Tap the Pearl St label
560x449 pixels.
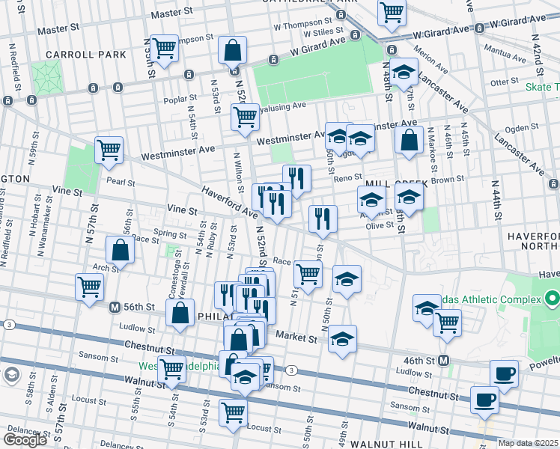pos(120,182)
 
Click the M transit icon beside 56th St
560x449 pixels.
pos(115,307)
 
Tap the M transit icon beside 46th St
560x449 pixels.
pos(443,361)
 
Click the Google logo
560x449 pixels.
pos(25,439)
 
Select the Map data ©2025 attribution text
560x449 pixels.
pos(529,443)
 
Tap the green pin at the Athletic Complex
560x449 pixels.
pos(553,299)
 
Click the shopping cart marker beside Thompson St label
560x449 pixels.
pos(164,49)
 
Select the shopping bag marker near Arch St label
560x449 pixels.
pos(121,250)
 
